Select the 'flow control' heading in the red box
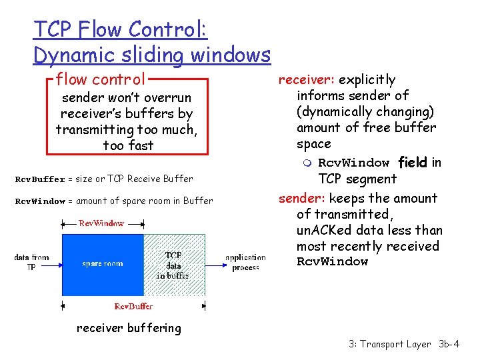(x=100, y=80)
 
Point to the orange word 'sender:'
(x=302, y=198)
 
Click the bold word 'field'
(x=413, y=163)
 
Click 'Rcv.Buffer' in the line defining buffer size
(x=40, y=179)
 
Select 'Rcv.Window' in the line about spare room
(x=40, y=201)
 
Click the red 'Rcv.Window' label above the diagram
(x=101, y=223)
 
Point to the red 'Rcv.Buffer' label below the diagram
(x=133, y=306)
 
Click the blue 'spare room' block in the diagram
(x=102, y=264)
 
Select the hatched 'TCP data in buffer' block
(x=173, y=265)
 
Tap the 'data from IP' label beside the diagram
(x=31, y=262)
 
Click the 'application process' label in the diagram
(x=245, y=262)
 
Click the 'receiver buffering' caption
(x=129, y=328)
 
